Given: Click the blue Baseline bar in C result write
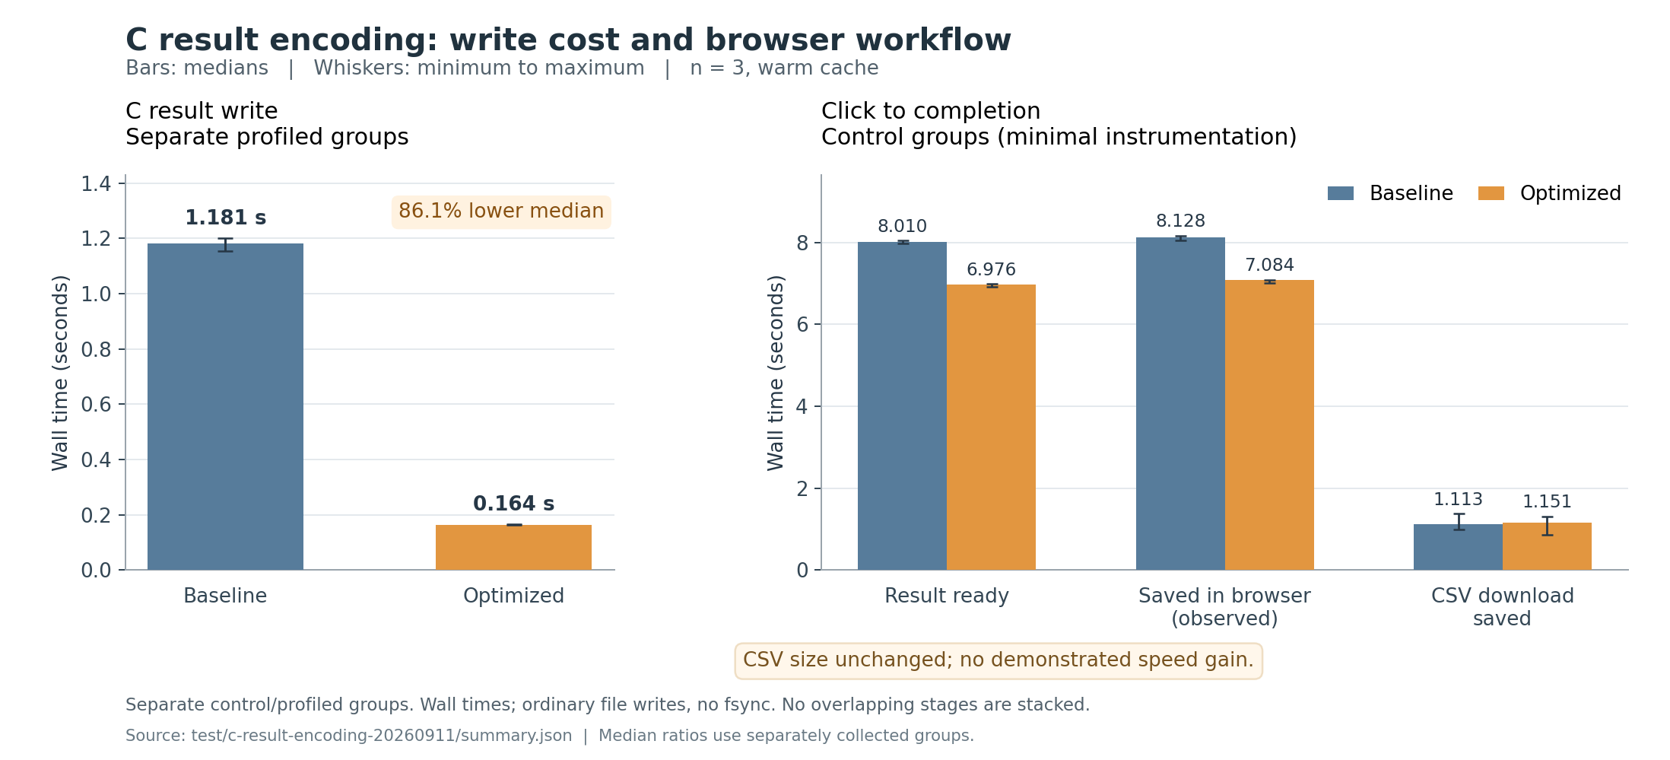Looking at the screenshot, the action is [x=225, y=406].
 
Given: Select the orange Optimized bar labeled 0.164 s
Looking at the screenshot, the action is [x=513, y=547].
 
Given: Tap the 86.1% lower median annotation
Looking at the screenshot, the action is [x=501, y=211].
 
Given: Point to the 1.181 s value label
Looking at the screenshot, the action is [x=225, y=218].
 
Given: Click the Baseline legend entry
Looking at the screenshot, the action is [x=1390, y=193].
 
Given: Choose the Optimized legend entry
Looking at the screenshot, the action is [x=1549, y=193].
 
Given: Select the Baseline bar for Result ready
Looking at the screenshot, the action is [x=902, y=405].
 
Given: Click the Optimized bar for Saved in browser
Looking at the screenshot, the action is [x=1269, y=425].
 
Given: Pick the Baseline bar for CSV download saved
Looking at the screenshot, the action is [x=1458, y=547].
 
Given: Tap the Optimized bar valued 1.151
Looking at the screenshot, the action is [x=1547, y=546].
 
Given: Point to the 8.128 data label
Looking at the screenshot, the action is [x=1180, y=221].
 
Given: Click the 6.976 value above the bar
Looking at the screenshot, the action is [x=991, y=269].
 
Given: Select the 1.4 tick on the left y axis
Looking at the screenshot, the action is [x=96, y=184].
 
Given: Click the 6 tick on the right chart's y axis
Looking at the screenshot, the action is [x=802, y=325].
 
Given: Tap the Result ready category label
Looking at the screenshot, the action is [x=947, y=596].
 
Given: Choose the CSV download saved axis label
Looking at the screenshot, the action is [x=1503, y=606].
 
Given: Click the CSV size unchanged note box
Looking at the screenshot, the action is [x=999, y=660].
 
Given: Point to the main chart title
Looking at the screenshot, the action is [x=568, y=40].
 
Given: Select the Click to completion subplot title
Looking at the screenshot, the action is [x=931, y=111].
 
